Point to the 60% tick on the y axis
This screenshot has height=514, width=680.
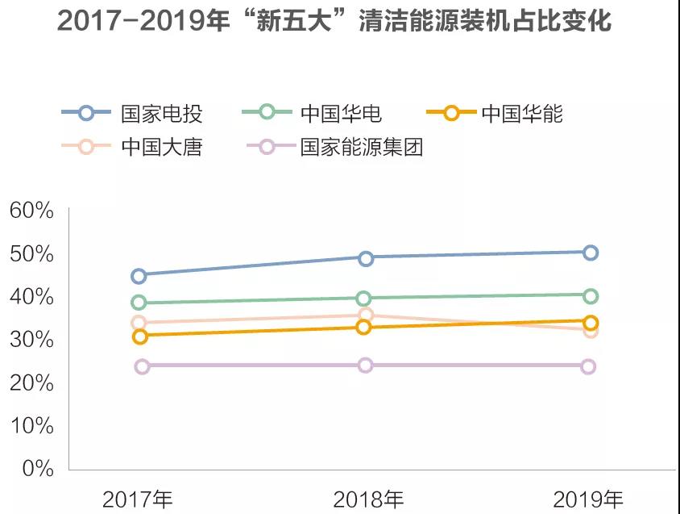coord(31,211)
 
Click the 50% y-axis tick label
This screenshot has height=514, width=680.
coord(31,254)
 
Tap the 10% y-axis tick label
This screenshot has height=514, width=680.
coord(31,425)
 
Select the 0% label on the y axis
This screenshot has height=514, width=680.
coord(37,468)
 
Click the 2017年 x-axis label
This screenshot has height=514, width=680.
coord(138,498)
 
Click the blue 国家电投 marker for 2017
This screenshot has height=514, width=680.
coord(139,276)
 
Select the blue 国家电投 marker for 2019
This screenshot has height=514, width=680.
coord(591,253)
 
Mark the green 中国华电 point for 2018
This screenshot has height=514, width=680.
coord(364,299)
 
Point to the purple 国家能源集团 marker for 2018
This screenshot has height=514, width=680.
coord(365,366)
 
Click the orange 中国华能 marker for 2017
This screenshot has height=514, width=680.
coord(139,336)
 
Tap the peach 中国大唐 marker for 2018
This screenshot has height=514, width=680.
coord(366,315)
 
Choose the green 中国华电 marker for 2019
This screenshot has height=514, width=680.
coord(591,296)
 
